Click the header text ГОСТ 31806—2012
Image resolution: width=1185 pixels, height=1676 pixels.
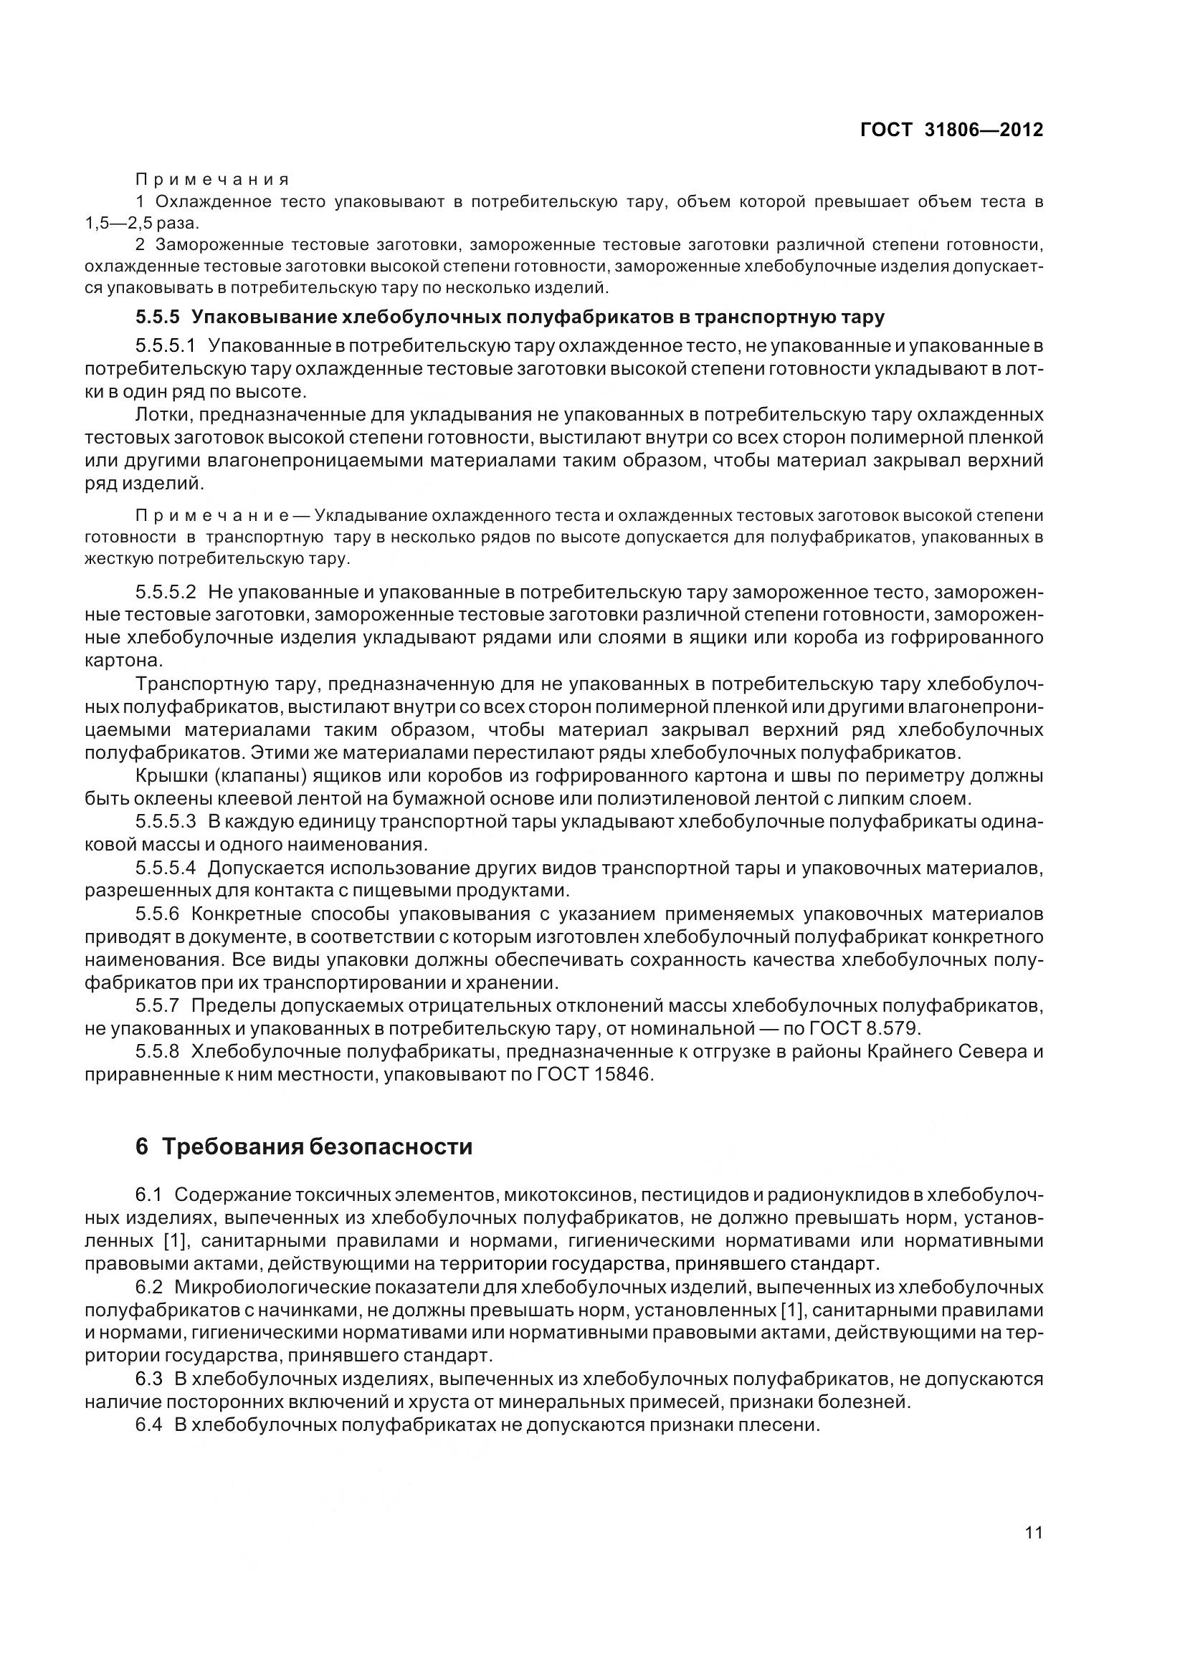click(x=951, y=130)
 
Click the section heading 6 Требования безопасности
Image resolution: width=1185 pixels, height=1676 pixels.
click(x=304, y=1146)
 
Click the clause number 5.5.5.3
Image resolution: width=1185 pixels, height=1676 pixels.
click(x=166, y=821)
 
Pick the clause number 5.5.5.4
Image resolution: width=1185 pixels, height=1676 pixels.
click(x=166, y=868)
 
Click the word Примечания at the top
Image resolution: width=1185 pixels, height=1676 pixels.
click(x=211, y=180)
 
